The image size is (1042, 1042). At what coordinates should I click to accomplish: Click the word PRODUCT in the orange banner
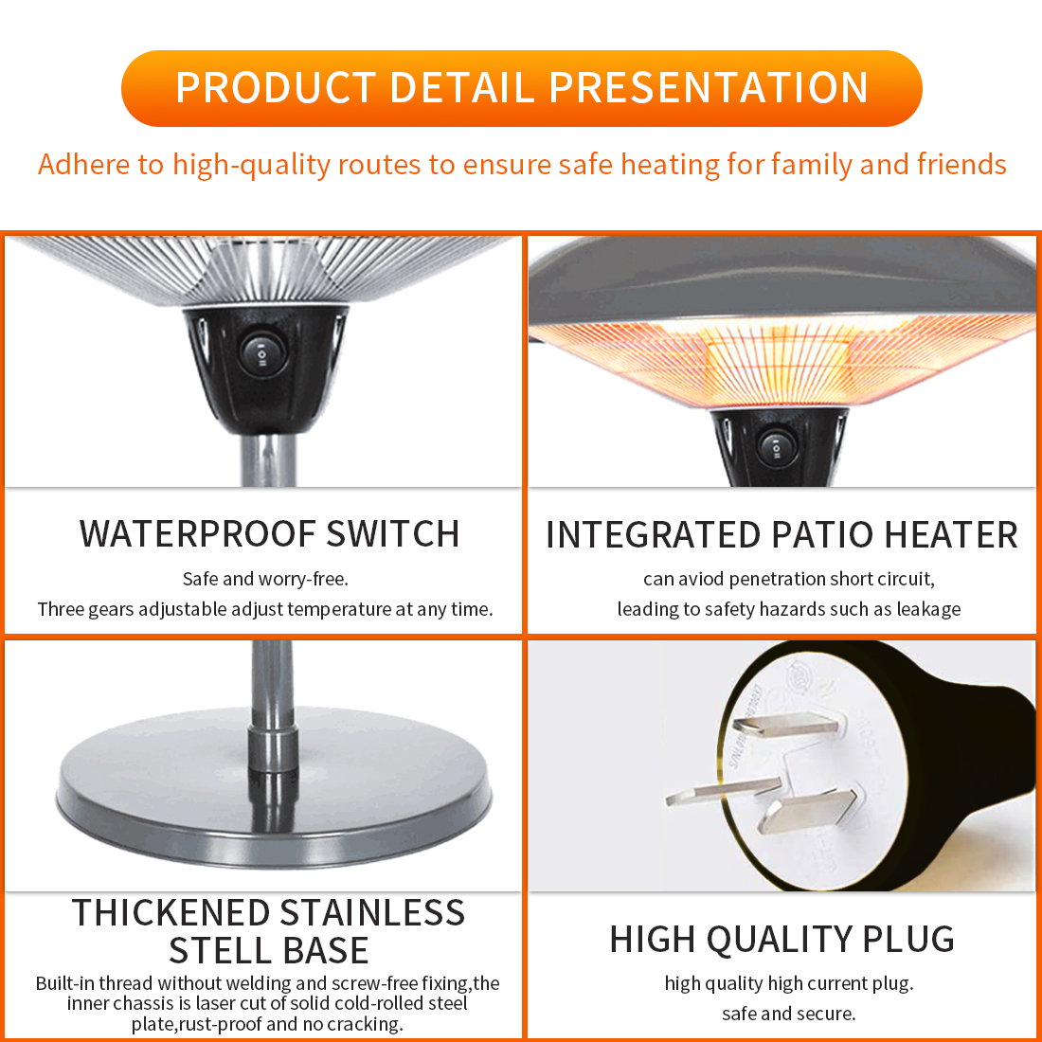(x=276, y=87)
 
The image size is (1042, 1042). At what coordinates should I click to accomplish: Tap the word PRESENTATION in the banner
(x=709, y=87)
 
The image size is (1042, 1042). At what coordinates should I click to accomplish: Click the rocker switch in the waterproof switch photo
(x=263, y=353)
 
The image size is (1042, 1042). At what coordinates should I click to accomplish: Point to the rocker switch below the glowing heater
(x=776, y=446)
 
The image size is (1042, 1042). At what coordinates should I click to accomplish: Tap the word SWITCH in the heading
(x=393, y=533)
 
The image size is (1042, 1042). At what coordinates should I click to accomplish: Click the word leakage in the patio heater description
(x=928, y=609)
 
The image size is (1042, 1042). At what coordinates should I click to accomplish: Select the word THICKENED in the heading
(x=171, y=912)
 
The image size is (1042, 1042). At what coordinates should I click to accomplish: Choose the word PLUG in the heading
(x=908, y=939)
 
